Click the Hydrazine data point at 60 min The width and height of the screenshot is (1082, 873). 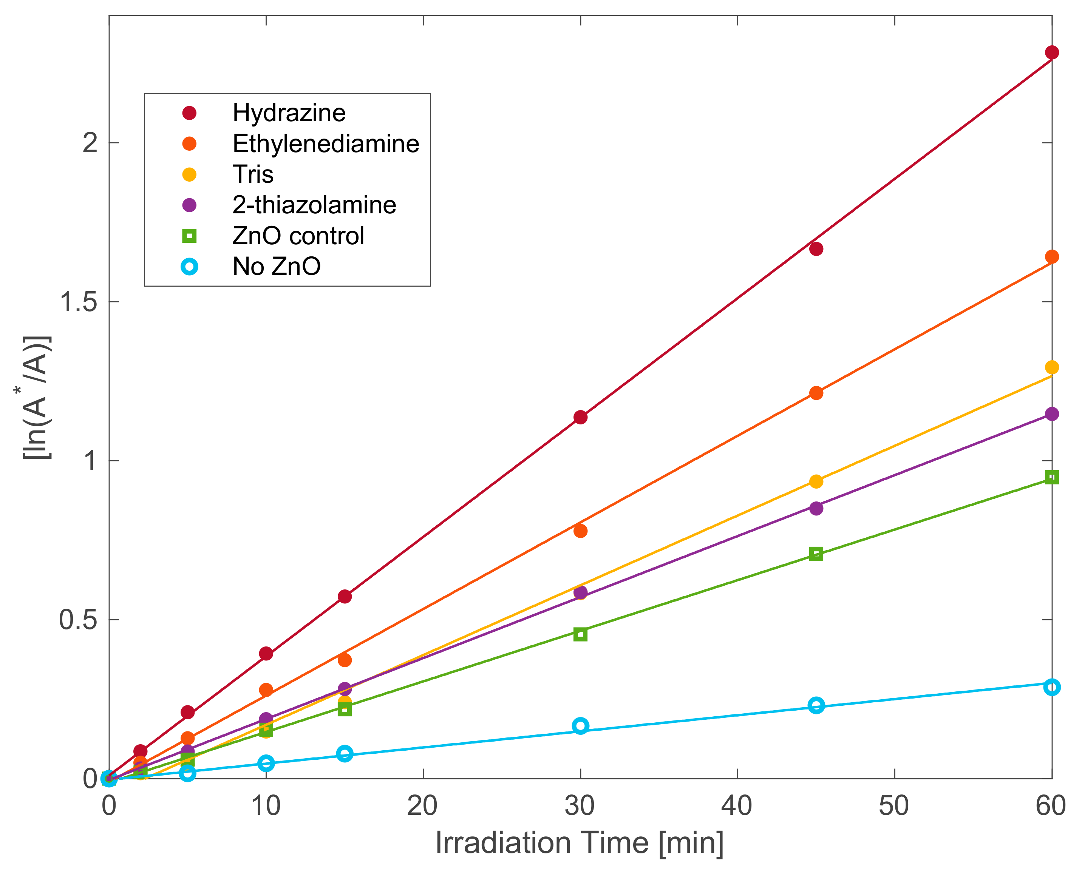1051,52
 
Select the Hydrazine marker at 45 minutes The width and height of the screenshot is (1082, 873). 816,249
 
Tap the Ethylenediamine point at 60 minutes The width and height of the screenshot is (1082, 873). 1051,256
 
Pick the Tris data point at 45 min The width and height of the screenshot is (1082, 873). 816,481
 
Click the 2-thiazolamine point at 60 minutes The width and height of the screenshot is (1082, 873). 1051,414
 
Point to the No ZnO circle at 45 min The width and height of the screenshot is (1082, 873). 816,706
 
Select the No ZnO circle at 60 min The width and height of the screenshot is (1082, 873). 1051,687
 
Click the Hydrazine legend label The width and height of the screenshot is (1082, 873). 289,113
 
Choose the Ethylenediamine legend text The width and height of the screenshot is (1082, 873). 325,144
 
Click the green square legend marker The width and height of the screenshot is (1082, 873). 189,236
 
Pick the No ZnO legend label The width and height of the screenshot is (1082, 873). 276,267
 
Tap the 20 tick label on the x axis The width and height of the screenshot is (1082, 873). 422,806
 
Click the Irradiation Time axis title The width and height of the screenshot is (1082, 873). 580,842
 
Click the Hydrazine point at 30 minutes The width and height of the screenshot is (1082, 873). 580,417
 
